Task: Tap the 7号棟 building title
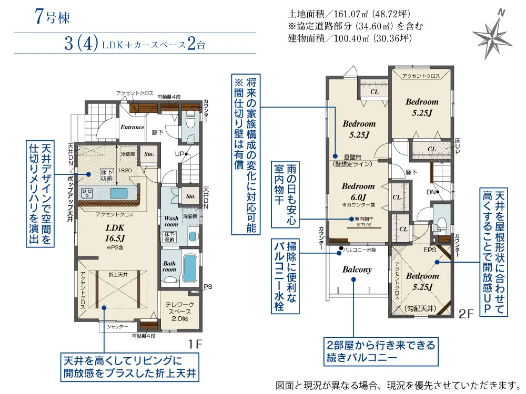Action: click(x=53, y=16)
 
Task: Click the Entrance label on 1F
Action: click(x=132, y=127)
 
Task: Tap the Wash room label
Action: click(x=171, y=221)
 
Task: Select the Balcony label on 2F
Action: click(x=357, y=269)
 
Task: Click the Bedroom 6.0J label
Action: click(x=358, y=191)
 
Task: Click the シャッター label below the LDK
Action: click(x=117, y=327)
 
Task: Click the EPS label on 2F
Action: click(x=429, y=251)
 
